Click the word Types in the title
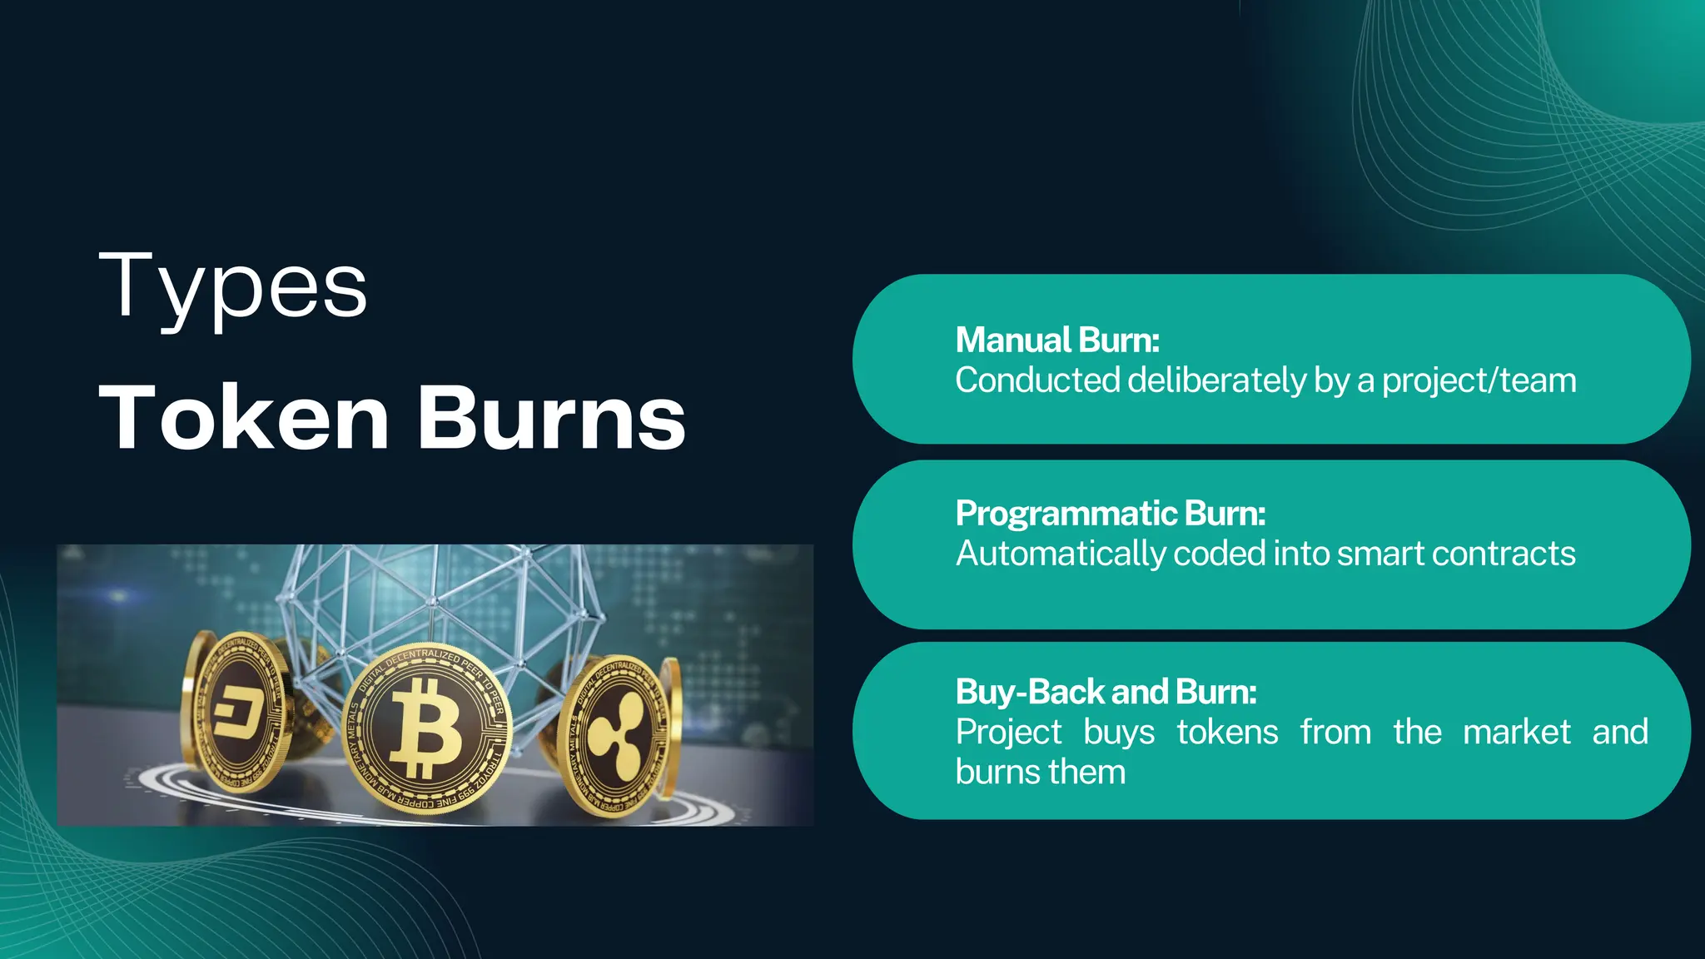(x=232, y=287)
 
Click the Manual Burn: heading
(x=1057, y=340)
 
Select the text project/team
(x=1479, y=380)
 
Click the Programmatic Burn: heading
(x=1111, y=514)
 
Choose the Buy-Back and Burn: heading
(x=1106, y=692)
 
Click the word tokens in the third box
(x=1227, y=733)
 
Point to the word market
(x=1516, y=733)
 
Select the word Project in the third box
(x=1008, y=733)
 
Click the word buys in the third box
(x=1119, y=733)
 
